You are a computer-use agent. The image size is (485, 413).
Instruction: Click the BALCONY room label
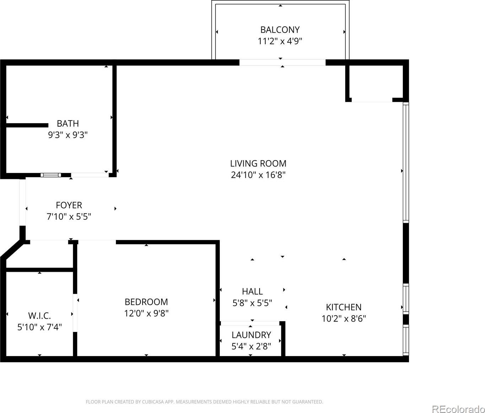[280, 30]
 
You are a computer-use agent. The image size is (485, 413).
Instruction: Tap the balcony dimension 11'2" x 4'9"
[280, 41]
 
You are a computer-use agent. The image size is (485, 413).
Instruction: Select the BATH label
[68, 123]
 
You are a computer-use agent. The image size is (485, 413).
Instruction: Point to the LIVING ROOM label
[258, 163]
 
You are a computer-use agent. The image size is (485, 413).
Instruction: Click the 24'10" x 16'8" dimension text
[258, 175]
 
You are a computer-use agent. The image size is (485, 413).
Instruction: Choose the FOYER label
[69, 205]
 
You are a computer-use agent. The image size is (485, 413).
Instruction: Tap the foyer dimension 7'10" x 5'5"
[69, 217]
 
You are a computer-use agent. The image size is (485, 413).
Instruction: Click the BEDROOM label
[146, 302]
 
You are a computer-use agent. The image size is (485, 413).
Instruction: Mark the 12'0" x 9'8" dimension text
[146, 313]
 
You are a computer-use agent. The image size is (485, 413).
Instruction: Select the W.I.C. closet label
[39, 316]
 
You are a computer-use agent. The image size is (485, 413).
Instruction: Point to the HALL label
[252, 291]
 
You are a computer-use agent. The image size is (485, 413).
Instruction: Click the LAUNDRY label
[251, 335]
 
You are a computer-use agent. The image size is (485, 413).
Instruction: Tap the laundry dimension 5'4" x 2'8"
[251, 346]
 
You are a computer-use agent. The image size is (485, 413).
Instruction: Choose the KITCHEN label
[344, 307]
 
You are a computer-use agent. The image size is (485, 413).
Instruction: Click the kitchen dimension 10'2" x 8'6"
[344, 319]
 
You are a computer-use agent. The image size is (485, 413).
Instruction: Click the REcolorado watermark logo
[458, 403]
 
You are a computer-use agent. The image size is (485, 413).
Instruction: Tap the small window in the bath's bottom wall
[51, 175]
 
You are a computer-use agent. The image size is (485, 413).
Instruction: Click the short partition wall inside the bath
[27, 125]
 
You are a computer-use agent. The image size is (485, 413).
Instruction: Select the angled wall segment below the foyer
[13, 250]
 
